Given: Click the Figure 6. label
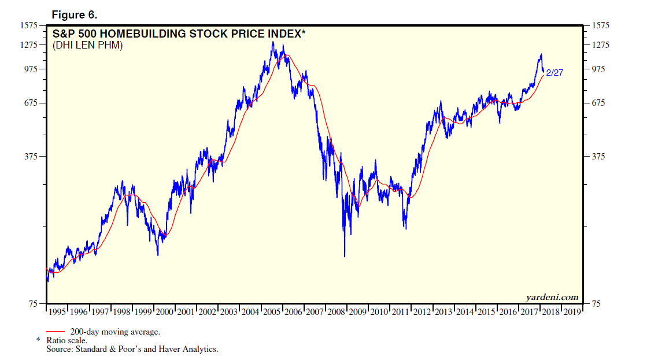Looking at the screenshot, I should coord(74,14).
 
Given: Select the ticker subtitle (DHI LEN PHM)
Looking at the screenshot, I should coord(88,46).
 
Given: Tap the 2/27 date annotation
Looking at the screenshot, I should coord(555,73).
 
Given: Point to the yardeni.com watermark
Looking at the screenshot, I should coord(552,297).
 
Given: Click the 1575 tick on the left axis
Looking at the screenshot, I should coord(28,25).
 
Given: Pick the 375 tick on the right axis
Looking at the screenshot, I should coord(601,157).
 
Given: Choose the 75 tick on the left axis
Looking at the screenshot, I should coord(33,303).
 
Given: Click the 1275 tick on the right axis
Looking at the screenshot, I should coord(603,45).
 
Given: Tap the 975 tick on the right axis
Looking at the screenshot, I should coord(601,69).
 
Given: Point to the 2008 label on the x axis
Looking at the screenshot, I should coord(336,312).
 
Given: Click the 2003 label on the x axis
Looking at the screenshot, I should coord(229,312).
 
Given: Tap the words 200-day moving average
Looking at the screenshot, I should coord(115,332).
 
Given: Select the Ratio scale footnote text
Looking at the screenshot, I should coord(71,341).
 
